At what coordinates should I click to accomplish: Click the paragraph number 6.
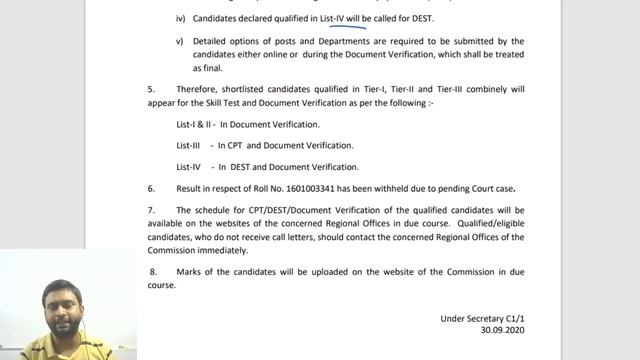pyautogui.click(x=151, y=188)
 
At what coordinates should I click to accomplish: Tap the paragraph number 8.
pyautogui.click(x=153, y=272)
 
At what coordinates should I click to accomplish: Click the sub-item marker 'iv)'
pyautogui.click(x=180, y=19)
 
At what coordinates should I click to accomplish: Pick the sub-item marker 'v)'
pyautogui.click(x=180, y=41)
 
